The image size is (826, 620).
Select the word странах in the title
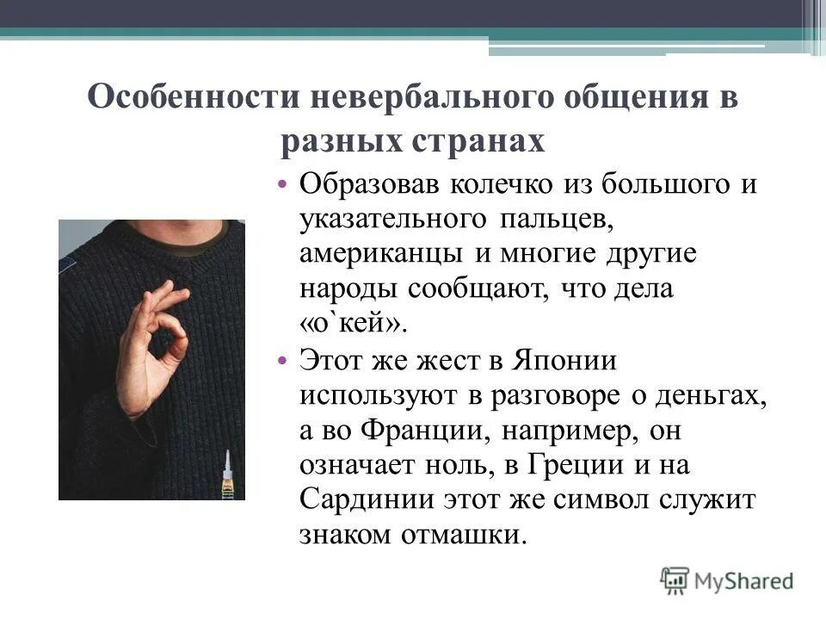480,139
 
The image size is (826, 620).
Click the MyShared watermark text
743,580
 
